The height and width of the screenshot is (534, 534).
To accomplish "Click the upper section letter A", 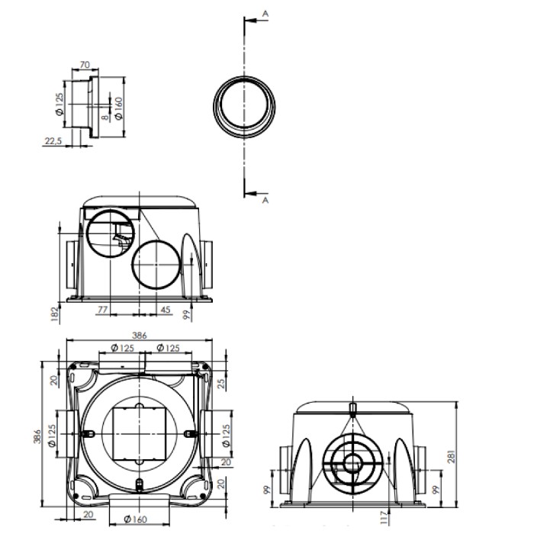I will (264, 14).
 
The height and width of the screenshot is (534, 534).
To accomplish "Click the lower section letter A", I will (264, 200).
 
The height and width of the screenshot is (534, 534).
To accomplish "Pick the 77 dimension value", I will (102, 310).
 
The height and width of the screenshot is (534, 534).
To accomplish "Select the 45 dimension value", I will (166, 310).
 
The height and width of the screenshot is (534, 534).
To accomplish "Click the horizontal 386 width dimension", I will (138, 335).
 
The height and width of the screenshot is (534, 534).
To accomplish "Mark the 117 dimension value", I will (383, 520).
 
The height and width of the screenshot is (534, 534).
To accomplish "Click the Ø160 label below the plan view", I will (136, 520).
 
